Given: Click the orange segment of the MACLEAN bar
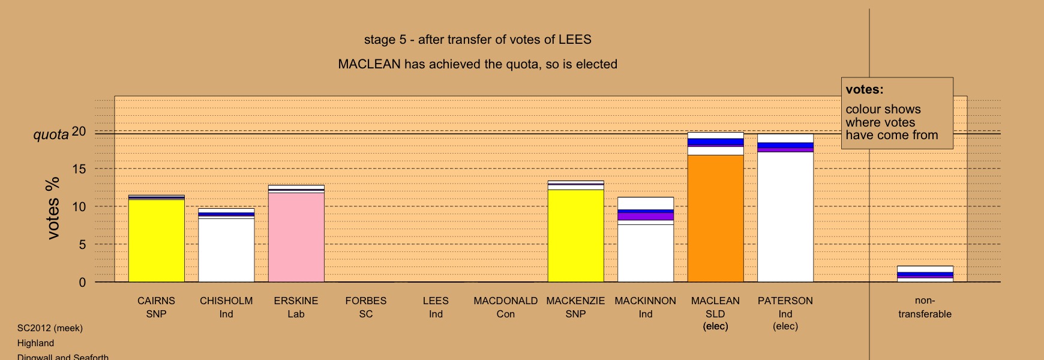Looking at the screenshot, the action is tap(715, 218).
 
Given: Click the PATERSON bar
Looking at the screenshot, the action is tap(785, 208).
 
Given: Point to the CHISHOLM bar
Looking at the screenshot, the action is tap(226, 245).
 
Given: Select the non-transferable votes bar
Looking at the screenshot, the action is tap(925, 274).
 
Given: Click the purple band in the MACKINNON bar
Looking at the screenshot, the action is tap(646, 216).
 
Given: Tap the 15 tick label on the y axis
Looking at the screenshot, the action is tap(79, 169).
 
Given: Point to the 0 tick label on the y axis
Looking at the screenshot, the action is tap(83, 283).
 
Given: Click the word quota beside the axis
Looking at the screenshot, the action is tap(51, 134).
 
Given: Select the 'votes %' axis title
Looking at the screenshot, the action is tap(53, 208).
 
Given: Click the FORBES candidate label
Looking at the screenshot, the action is tap(366, 301).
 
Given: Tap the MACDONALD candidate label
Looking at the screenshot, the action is tap(506, 301).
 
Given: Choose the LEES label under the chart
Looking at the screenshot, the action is tap(436, 301).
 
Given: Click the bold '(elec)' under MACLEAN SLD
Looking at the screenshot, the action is tap(715, 326).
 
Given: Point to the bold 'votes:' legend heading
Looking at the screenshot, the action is tap(865, 89).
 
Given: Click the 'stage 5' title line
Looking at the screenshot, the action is tap(478, 40).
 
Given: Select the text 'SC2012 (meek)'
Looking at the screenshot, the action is tap(50, 328).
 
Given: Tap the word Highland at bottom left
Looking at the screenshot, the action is tap(35, 343).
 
